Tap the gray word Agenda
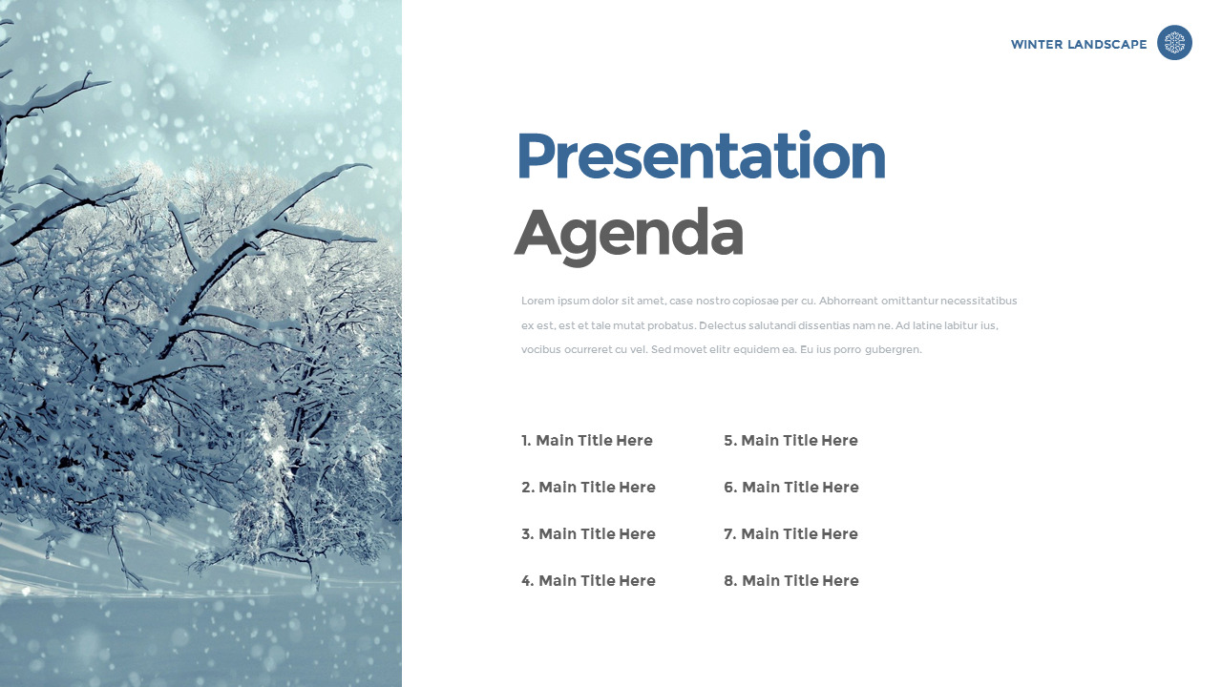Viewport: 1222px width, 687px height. [628, 236]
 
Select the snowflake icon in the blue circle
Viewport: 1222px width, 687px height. [1174, 43]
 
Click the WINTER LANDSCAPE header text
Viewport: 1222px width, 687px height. [1079, 45]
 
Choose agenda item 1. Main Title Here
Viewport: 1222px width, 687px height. [587, 441]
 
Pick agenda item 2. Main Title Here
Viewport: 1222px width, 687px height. [588, 488]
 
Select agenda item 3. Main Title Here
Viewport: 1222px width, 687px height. [588, 534]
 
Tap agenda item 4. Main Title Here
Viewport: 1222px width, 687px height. [588, 581]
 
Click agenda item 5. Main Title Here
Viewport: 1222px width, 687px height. [791, 441]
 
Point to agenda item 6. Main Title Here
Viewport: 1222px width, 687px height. [791, 488]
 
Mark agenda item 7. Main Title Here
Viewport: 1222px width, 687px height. [791, 534]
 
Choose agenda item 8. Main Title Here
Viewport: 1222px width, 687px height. [791, 581]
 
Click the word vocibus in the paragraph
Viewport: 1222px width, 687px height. [540, 349]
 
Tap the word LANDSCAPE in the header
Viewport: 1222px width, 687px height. [1106, 45]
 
